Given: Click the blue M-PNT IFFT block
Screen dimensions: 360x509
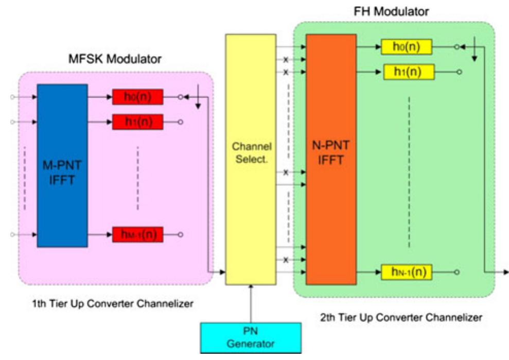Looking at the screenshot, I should (x=62, y=165).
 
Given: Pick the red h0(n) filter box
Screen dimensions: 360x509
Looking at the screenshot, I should (x=138, y=97).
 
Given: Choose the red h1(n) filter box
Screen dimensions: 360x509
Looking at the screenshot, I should (x=138, y=122).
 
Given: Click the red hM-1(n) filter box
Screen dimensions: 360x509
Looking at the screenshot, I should (x=138, y=235).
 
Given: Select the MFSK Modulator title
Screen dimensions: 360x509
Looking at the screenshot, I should (x=115, y=59).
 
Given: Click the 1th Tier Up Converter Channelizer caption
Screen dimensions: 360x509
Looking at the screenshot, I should (x=113, y=304).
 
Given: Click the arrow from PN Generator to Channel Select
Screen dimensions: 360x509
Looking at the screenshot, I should (x=251, y=304).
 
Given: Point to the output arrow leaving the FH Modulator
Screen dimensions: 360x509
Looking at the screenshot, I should (x=497, y=271).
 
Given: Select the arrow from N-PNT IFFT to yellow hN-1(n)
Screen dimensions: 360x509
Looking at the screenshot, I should (x=368, y=271).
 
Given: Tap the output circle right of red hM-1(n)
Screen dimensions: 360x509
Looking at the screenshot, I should (x=180, y=235).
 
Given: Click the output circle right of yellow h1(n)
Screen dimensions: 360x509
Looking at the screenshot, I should (x=459, y=72).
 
